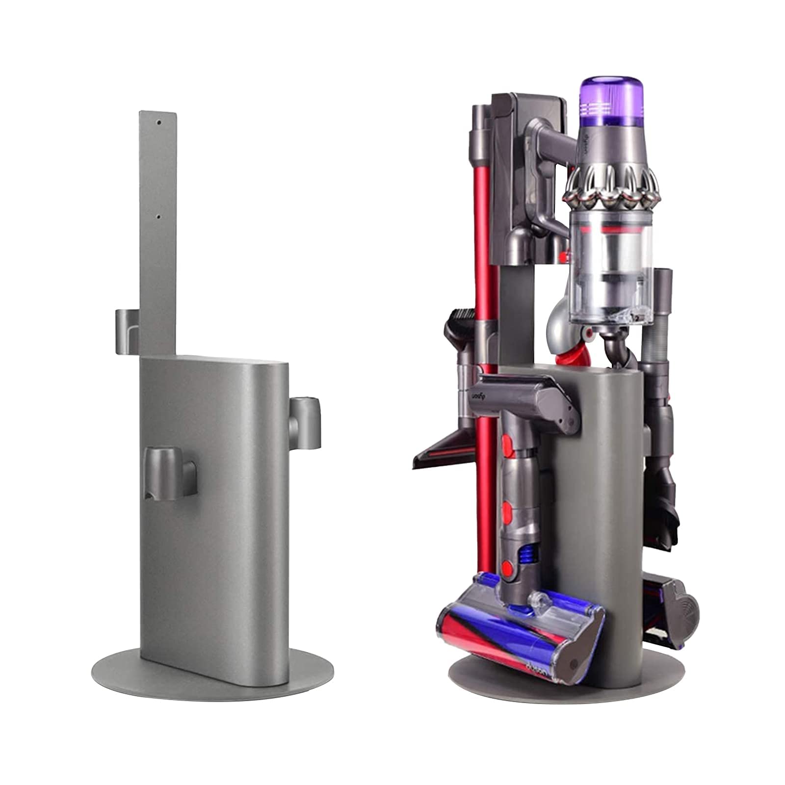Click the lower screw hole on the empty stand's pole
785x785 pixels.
[x=158, y=216]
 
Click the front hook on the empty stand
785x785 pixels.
[x=170, y=471]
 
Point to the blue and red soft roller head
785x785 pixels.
[x=520, y=643]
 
